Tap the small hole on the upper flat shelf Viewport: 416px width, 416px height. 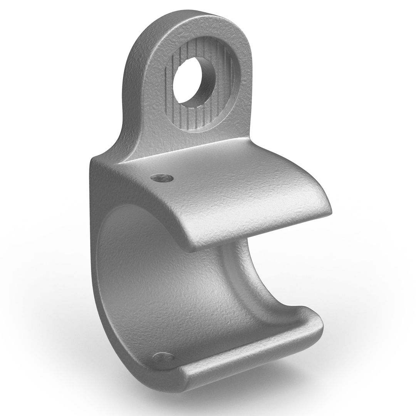pos(162,178)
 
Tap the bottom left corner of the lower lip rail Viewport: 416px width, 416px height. pos(183,376)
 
